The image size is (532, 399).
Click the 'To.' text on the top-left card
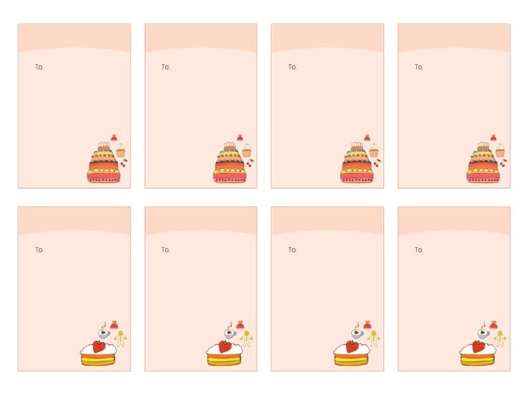point(39,66)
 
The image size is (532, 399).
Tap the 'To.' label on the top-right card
point(419,66)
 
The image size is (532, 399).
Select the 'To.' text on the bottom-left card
point(39,250)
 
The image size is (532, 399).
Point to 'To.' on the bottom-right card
point(419,250)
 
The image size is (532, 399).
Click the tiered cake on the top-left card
point(104,163)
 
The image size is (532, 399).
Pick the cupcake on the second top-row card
point(247,150)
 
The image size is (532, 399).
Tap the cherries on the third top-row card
point(377,163)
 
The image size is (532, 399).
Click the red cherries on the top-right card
point(504,163)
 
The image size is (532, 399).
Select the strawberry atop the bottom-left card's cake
point(99,347)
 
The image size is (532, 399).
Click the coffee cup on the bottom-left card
point(104,332)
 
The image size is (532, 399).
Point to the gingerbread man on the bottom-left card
point(120,339)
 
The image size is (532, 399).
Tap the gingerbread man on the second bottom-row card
point(246,339)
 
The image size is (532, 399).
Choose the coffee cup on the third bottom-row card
point(358,332)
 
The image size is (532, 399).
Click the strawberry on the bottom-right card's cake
point(478,347)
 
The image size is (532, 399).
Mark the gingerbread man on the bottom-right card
point(500,339)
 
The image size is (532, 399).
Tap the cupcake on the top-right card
point(500,150)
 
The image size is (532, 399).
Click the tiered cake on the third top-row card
point(357,163)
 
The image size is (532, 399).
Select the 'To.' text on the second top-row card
point(166,66)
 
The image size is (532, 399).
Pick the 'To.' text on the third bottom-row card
point(293,250)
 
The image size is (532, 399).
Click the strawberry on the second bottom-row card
point(225,347)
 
